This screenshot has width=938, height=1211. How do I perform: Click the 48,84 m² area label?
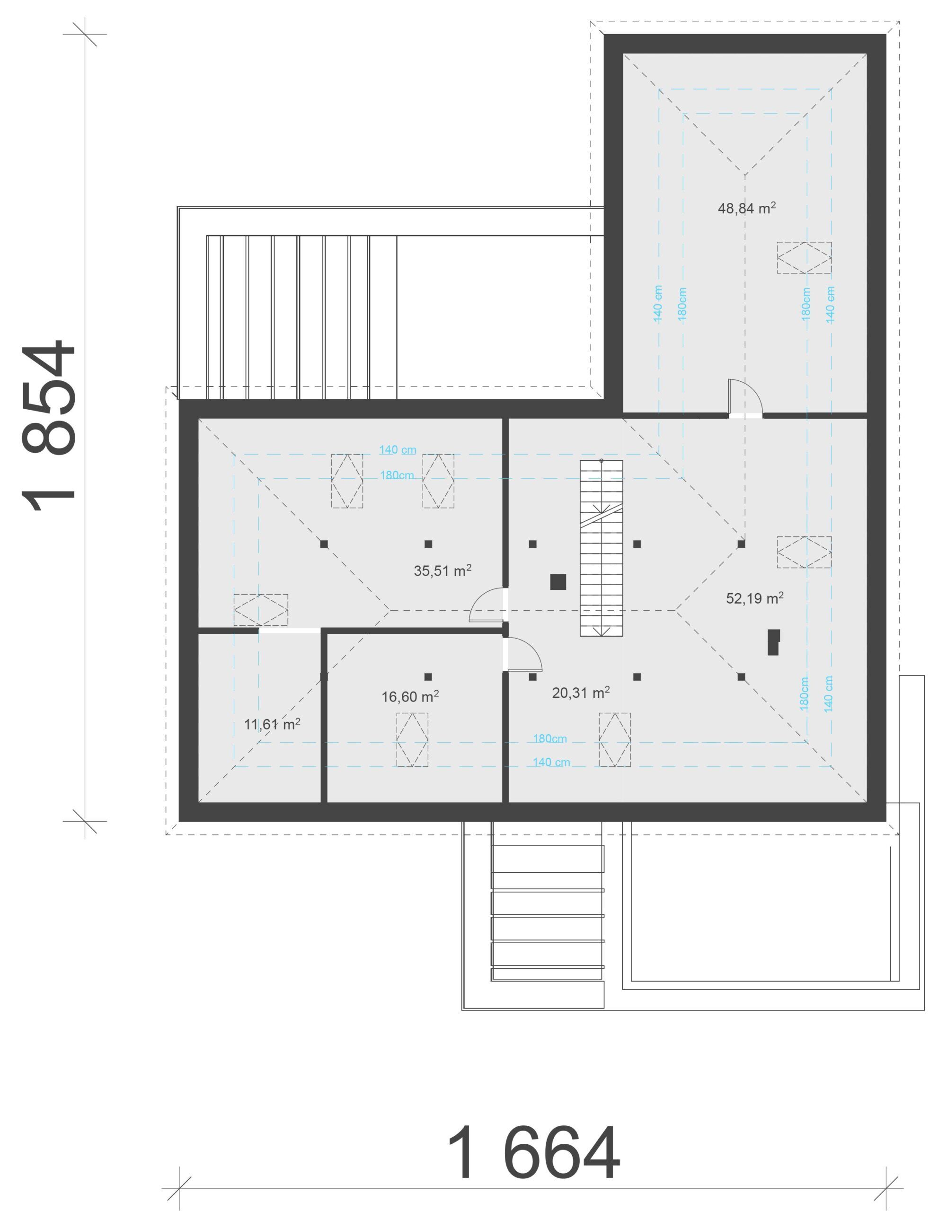pyautogui.click(x=747, y=208)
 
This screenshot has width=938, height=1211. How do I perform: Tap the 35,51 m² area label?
pyautogui.click(x=442, y=570)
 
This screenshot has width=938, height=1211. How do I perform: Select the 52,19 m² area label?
pyautogui.click(x=755, y=598)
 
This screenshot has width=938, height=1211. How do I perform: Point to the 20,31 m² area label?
pyautogui.click(x=581, y=692)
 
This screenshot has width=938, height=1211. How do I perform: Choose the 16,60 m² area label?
pyautogui.click(x=410, y=696)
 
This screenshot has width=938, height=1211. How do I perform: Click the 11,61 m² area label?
pyautogui.click(x=272, y=724)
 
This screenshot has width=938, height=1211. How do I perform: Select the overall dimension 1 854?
pyautogui.click(x=48, y=426)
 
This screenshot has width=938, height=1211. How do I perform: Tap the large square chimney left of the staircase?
pyautogui.click(x=558, y=582)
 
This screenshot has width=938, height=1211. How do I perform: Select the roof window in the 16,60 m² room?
pyautogui.click(x=412, y=740)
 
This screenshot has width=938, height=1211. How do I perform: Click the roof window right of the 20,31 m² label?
pyautogui.click(x=615, y=740)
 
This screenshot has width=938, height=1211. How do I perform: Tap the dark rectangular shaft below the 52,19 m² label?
pyautogui.click(x=773, y=642)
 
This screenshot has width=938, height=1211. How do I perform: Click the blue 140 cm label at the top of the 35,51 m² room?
pyautogui.click(x=398, y=450)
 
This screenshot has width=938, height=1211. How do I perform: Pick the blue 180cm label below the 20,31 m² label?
pyautogui.click(x=550, y=738)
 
